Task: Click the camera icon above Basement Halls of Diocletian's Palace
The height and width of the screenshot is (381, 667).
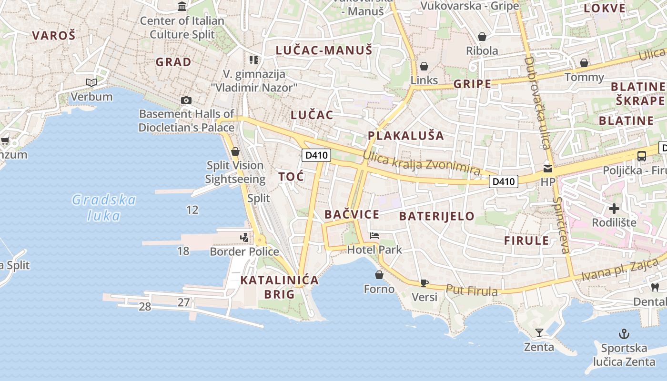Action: click(x=186, y=100)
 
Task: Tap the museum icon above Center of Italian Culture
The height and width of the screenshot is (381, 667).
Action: click(x=182, y=7)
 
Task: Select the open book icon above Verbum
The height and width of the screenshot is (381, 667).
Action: click(x=91, y=83)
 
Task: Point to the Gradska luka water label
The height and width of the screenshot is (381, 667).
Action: click(x=104, y=208)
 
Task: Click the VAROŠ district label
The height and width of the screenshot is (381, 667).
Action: click(x=54, y=35)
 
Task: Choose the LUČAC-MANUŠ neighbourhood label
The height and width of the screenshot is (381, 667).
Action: click(x=324, y=50)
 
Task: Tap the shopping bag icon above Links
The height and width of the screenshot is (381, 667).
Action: click(x=424, y=66)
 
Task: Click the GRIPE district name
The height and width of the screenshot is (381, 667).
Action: click(x=472, y=84)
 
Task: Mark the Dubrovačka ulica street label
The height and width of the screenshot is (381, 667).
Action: click(x=536, y=102)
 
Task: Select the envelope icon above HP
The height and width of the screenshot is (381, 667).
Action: click(x=548, y=168)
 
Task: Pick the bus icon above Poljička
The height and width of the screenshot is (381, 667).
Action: click(x=642, y=156)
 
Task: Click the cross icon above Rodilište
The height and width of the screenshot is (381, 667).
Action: click(x=614, y=208)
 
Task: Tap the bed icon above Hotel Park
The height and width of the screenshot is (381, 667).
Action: click(x=374, y=236)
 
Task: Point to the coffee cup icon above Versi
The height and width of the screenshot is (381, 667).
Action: click(x=424, y=283)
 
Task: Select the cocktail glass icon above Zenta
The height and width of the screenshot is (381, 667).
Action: click(x=539, y=332)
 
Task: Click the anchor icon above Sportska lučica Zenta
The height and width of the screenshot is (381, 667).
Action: click(x=623, y=333)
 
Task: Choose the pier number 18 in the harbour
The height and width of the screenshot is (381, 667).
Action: click(x=183, y=251)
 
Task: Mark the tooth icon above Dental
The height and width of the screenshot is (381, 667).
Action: click(x=655, y=287)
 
